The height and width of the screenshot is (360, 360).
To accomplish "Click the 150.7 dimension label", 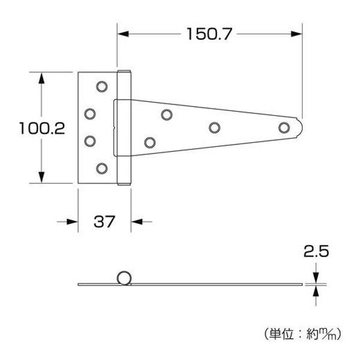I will click(x=209, y=34).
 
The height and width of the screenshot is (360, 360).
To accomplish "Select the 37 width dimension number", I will click(x=104, y=221).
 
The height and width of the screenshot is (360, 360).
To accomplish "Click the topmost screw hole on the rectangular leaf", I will click(x=102, y=86).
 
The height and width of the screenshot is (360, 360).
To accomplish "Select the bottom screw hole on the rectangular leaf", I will click(x=102, y=168).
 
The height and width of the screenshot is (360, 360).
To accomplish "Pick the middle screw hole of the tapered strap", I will click(x=214, y=127).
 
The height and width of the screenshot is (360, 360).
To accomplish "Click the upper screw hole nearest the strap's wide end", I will click(x=167, y=114).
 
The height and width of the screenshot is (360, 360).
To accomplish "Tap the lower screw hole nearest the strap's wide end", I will click(x=150, y=142).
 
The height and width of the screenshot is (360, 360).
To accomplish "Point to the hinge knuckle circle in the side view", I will click(x=124, y=278).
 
